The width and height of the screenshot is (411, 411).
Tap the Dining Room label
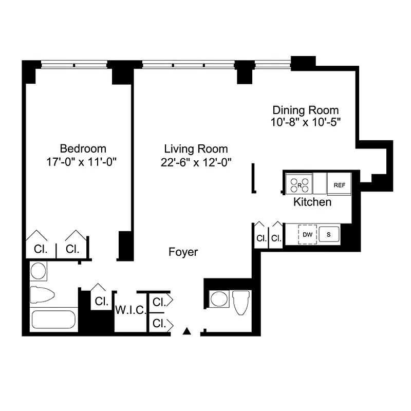[306, 110]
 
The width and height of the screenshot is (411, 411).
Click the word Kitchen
[312, 202]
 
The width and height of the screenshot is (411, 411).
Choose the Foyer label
[183, 252]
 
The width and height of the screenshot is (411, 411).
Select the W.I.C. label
[131, 311]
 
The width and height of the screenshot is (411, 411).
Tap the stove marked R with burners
[299, 184]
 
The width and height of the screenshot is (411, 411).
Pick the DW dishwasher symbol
[307, 235]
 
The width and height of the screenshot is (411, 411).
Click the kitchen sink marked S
[328, 235]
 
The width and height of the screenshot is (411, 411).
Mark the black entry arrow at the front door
[188, 331]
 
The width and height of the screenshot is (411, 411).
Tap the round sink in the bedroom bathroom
[39, 271]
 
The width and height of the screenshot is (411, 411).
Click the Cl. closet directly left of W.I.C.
[101, 301]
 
